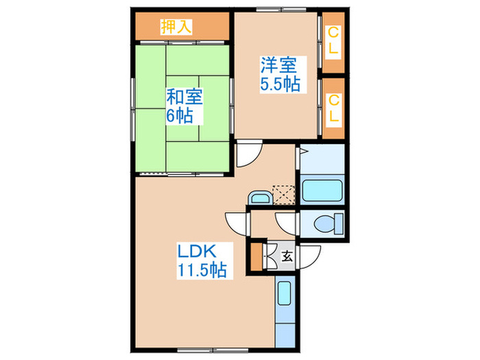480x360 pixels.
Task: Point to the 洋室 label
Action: [x=277, y=67]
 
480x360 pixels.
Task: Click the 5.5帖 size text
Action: [x=277, y=86]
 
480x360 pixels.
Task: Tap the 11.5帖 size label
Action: [x=199, y=269]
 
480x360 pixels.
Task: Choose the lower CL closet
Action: [x=333, y=108]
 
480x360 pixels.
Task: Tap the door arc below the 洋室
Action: [x=247, y=154]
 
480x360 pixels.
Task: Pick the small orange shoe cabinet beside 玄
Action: [x=256, y=257]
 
